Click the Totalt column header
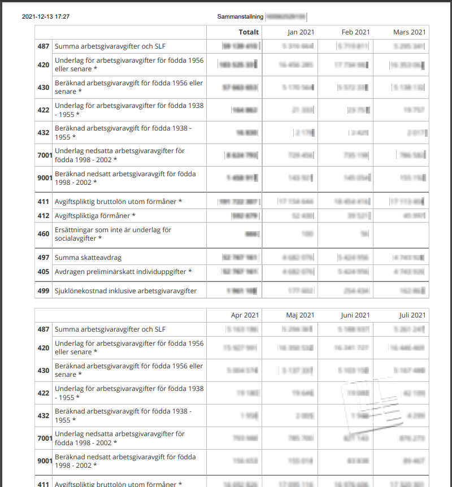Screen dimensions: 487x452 click(249, 32)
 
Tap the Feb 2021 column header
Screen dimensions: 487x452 click(355, 32)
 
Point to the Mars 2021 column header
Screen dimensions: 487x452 click(409, 32)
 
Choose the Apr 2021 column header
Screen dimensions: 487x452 click(245, 315)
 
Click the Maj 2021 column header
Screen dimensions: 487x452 click(299, 315)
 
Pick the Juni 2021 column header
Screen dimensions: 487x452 click(355, 315)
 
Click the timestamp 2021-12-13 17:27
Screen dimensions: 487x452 click(46, 17)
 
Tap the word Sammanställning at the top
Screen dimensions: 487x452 click(240, 17)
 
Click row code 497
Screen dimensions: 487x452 click(44, 258)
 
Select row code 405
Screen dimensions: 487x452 click(44, 272)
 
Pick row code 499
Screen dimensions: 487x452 click(44, 291)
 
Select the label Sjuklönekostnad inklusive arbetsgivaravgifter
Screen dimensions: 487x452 click(125, 291)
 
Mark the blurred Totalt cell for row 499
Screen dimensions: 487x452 click(242, 291)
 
